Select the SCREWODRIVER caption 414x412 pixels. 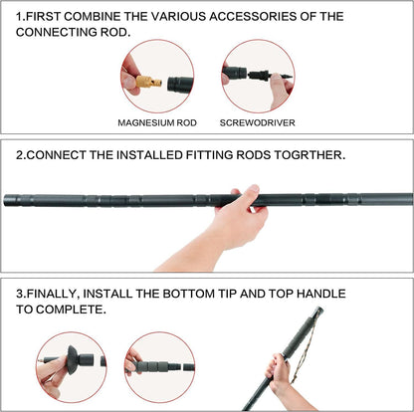[257, 122]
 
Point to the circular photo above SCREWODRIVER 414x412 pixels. [257, 75]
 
